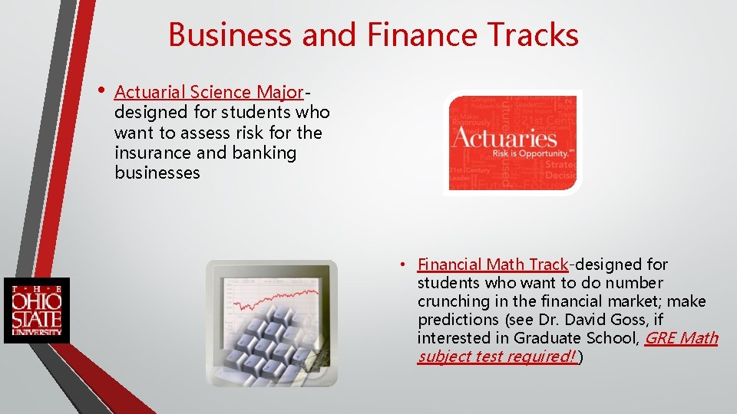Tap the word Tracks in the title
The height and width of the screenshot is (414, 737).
531,35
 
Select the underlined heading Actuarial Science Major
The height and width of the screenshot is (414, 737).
209,93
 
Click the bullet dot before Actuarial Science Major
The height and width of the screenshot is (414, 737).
100,90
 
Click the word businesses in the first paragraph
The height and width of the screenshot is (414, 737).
157,173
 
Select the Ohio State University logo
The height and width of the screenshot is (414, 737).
36,310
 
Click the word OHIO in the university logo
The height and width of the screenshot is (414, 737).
36,301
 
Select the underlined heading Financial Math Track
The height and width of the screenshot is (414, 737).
492,265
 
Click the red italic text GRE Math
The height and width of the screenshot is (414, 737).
681,338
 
